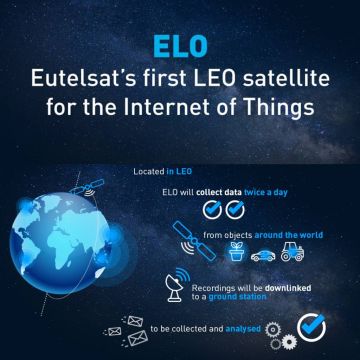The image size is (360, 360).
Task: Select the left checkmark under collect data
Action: coord(212,208)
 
